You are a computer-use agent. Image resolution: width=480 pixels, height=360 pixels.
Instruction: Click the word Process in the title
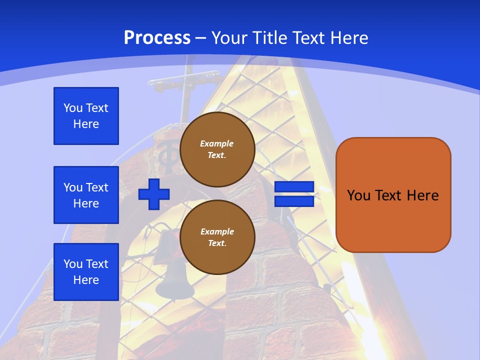coord(157,37)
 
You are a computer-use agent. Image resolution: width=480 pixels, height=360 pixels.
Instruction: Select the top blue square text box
coord(86,116)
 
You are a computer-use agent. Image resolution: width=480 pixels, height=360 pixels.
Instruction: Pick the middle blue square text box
coord(86,195)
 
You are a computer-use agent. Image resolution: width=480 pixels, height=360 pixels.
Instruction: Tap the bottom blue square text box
coord(86,272)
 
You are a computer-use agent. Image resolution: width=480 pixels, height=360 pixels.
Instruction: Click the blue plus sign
coord(154,194)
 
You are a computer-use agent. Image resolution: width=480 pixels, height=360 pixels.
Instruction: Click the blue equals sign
coord(294,194)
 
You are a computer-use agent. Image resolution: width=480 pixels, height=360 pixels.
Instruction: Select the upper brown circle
coord(217,149)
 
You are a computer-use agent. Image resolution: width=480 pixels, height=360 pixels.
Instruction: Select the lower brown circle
coord(217,237)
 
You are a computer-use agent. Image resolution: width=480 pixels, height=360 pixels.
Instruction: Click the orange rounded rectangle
coord(393,195)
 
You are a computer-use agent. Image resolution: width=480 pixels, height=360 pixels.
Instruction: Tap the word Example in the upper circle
coord(217,143)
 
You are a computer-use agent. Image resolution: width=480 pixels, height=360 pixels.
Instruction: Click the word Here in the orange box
coord(422,195)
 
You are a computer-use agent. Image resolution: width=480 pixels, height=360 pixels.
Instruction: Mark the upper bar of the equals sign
coord(294,187)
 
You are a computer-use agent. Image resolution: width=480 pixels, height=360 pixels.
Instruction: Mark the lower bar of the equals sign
coord(294,201)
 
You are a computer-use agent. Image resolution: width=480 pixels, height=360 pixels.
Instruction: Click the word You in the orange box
coord(358,195)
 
